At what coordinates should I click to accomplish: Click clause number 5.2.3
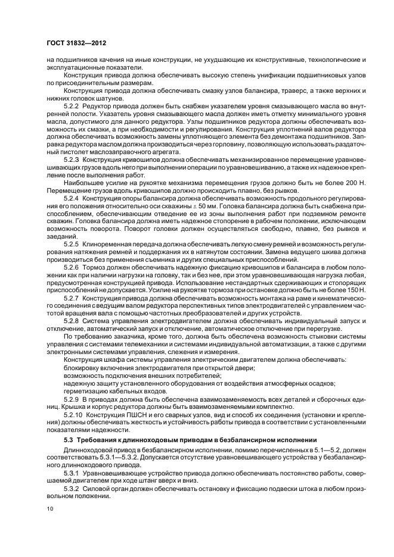coord(72,160)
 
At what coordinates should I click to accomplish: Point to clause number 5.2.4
coord(72,197)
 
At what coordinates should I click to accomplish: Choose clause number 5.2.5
coord(72,243)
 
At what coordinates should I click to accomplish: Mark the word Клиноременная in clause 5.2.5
coord(110,243)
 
